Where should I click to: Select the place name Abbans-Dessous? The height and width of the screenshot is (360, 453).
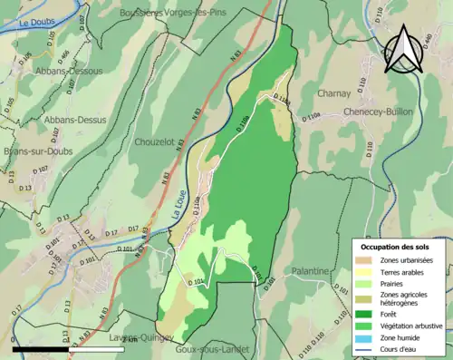[x=70, y=70]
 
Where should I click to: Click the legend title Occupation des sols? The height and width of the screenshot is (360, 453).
[x=396, y=247]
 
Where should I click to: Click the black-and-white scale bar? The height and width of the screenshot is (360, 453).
[x=41, y=347]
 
